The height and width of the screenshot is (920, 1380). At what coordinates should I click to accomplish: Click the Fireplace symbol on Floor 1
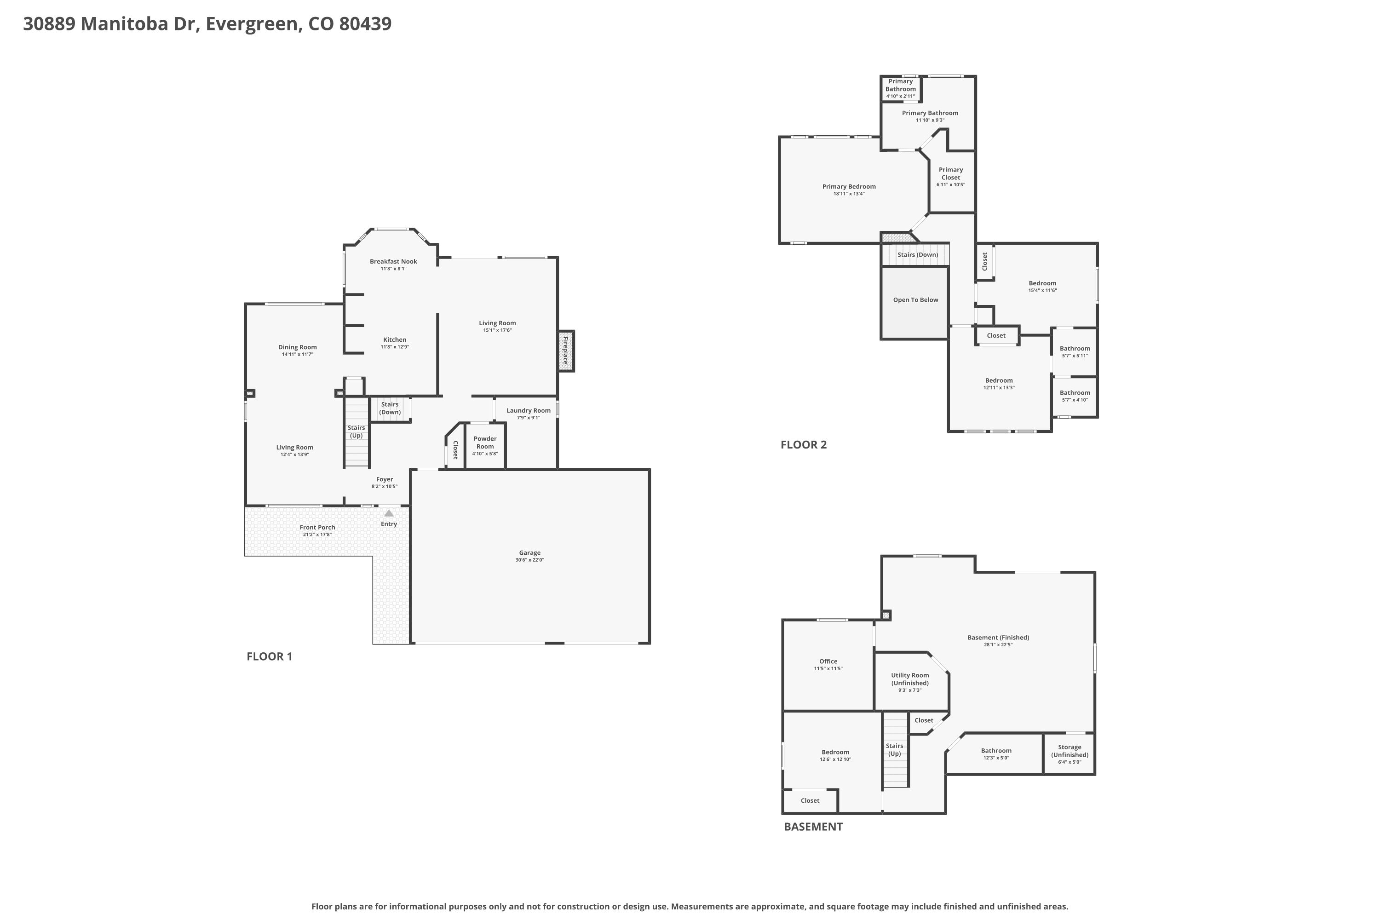pyautogui.click(x=566, y=351)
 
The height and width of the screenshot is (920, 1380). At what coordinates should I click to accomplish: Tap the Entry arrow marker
pyautogui.click(x=389, y=513)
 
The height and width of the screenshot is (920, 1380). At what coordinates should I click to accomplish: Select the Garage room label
pyautogui.click(x=530, y=553)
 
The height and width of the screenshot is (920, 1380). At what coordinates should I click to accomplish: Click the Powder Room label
pyautogui.click(x=485, y=443)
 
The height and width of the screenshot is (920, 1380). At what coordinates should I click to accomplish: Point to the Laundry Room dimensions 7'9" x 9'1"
pyautogui.click(x=529, y=418)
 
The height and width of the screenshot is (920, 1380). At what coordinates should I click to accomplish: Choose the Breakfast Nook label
pyautogui.click(x=394, y=262)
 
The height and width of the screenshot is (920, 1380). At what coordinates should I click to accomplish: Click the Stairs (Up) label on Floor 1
pyautogui.click(x=356, y=432)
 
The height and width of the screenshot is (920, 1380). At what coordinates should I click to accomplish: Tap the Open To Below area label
pyautogui.click(x=916, y=300)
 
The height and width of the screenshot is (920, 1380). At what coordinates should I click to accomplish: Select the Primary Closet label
pyautogui.click(x=951, y=174)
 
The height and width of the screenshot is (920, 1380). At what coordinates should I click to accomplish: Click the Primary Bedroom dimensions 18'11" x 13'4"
pyautogui.click(x=849, y=194)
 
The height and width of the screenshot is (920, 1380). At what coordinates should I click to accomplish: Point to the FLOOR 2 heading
pyautogui.click(x=804, y=445)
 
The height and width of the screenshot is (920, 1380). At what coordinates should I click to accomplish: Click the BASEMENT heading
pyautogui.click(x=813, y=827)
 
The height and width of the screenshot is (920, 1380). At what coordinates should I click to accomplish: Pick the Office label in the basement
pyautogui.click(x=828, y=661)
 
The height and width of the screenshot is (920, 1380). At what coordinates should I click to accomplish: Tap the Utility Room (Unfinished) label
pyautogui.click(x=910, y=679)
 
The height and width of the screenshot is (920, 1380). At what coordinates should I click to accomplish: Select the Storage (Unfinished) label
pyautogui.click(x=1069, y=751)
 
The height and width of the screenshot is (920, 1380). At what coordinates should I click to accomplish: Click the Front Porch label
pyautogui.click(x=317, y=528)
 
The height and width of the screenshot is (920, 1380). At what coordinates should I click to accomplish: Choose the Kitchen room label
pyautogui.click(x=395, y=340)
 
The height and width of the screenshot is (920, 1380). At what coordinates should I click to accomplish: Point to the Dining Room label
pyautogui.click(x=298, y=347)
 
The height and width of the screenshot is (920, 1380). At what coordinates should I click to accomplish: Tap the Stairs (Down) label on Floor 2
pyautogui.click(x=918, y=255)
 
